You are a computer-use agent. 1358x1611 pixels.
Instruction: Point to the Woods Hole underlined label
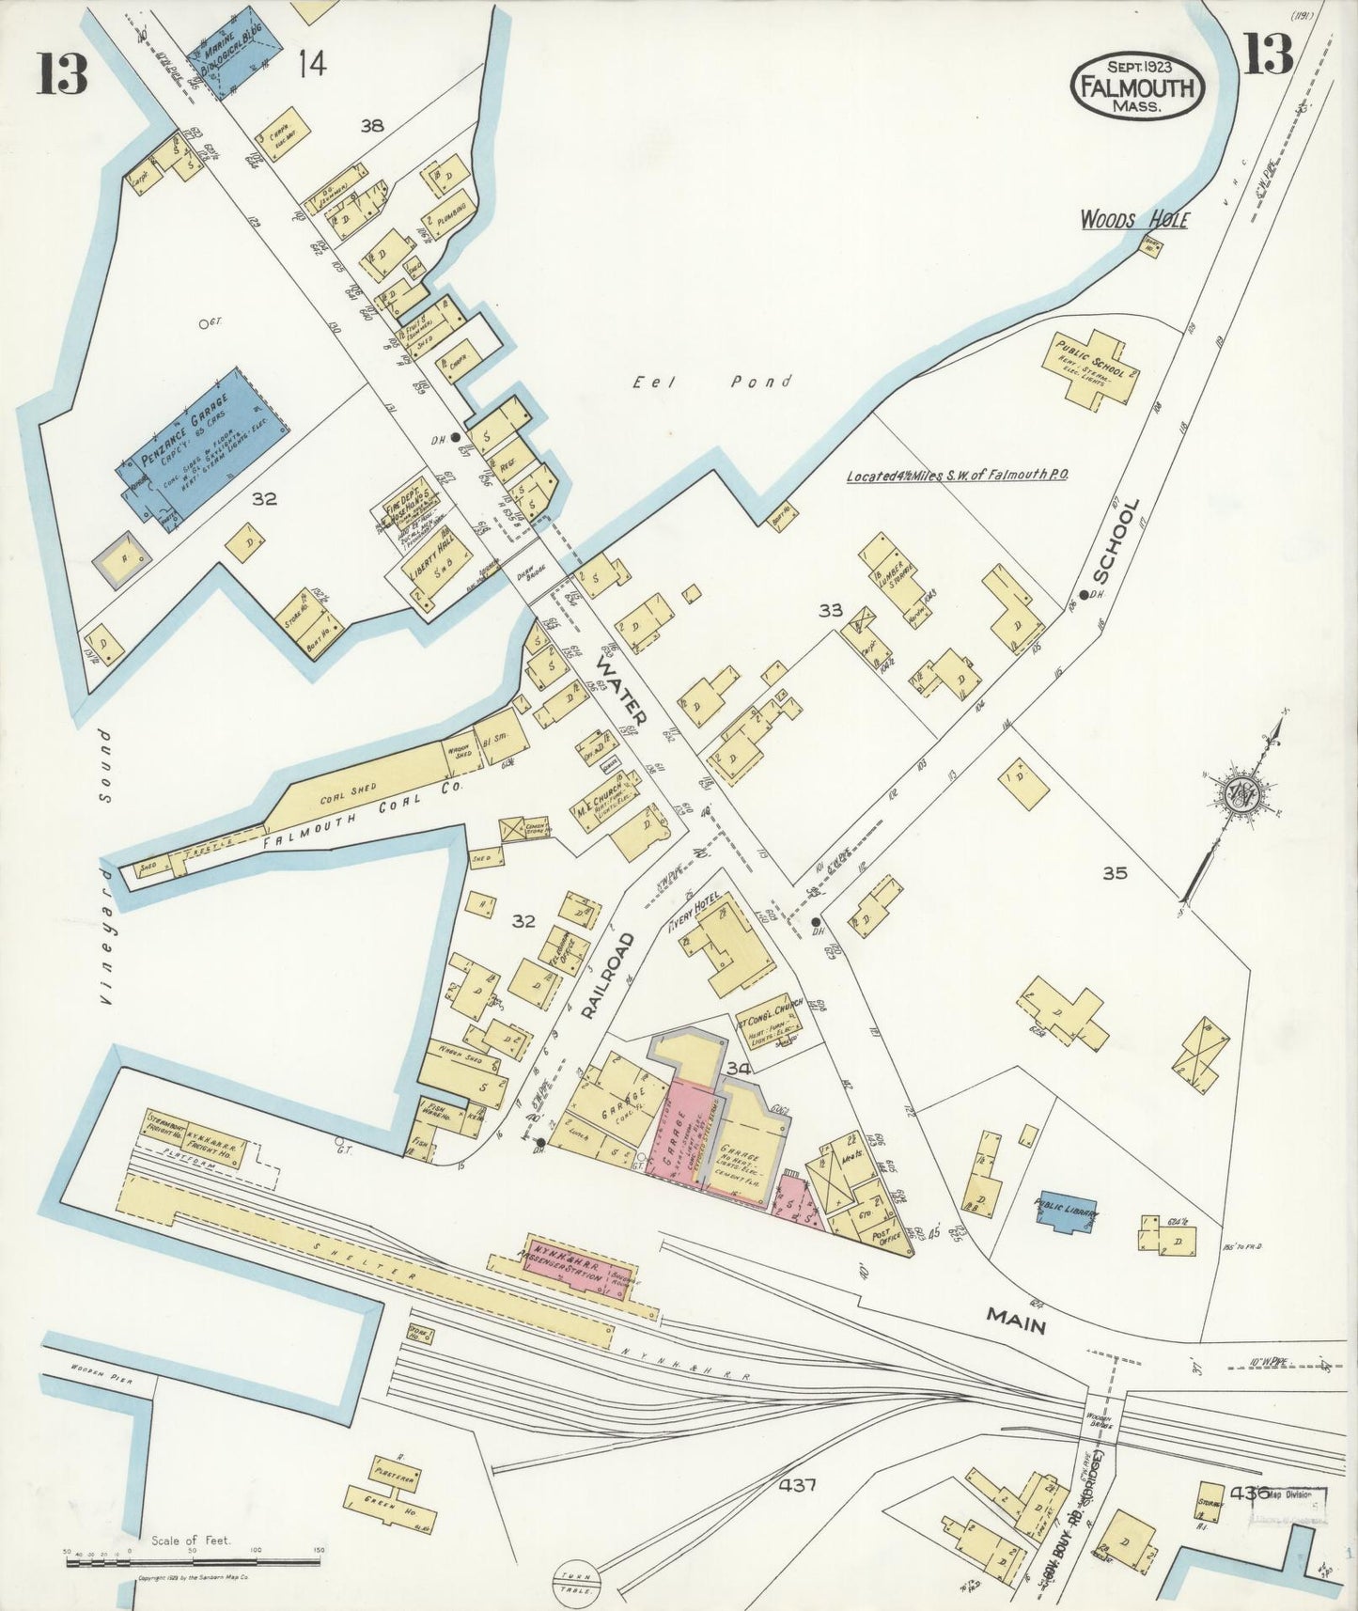1133,220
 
